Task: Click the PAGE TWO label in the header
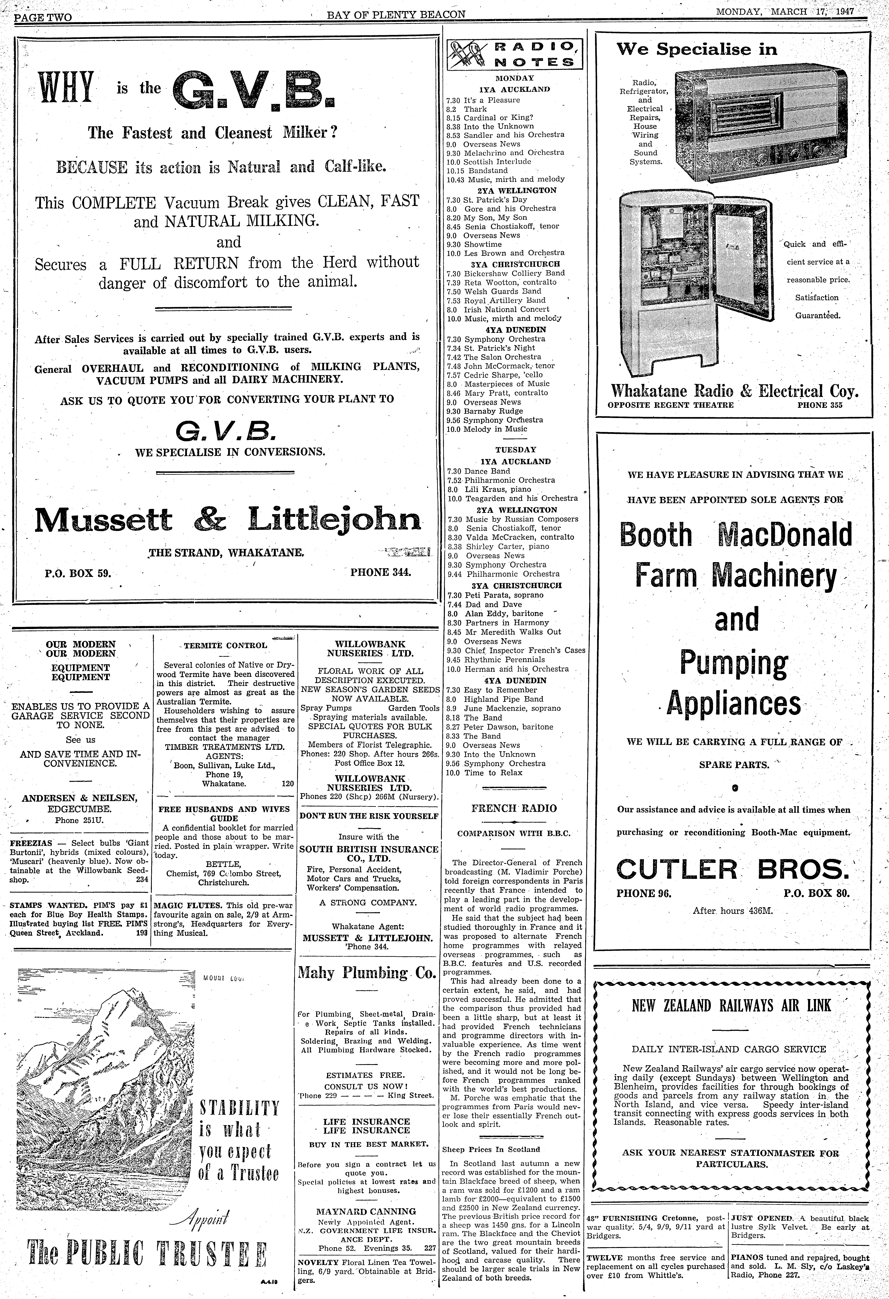[x=43, y=17]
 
